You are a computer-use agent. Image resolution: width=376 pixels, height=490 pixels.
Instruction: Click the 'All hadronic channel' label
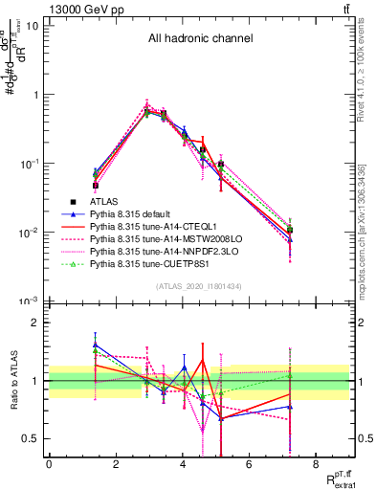200,39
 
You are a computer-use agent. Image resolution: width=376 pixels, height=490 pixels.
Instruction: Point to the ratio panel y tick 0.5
33,438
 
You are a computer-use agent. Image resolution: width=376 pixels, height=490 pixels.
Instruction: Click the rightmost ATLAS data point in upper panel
289,230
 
